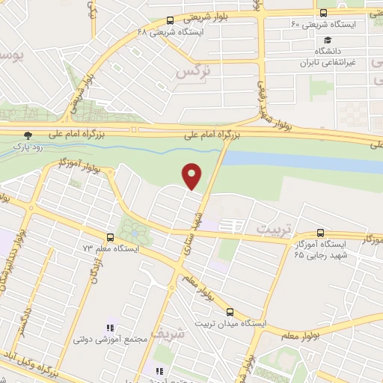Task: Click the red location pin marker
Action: point(193,175)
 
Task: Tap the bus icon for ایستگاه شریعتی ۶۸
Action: point(171,21)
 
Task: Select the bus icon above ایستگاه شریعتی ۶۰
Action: point(322,13)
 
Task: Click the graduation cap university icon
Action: point(326,40)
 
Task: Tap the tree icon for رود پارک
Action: point(28,135)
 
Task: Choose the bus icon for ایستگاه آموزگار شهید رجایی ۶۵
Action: point(321,233)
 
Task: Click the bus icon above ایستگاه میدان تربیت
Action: point(230,313)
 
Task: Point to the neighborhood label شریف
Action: point(166,334)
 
